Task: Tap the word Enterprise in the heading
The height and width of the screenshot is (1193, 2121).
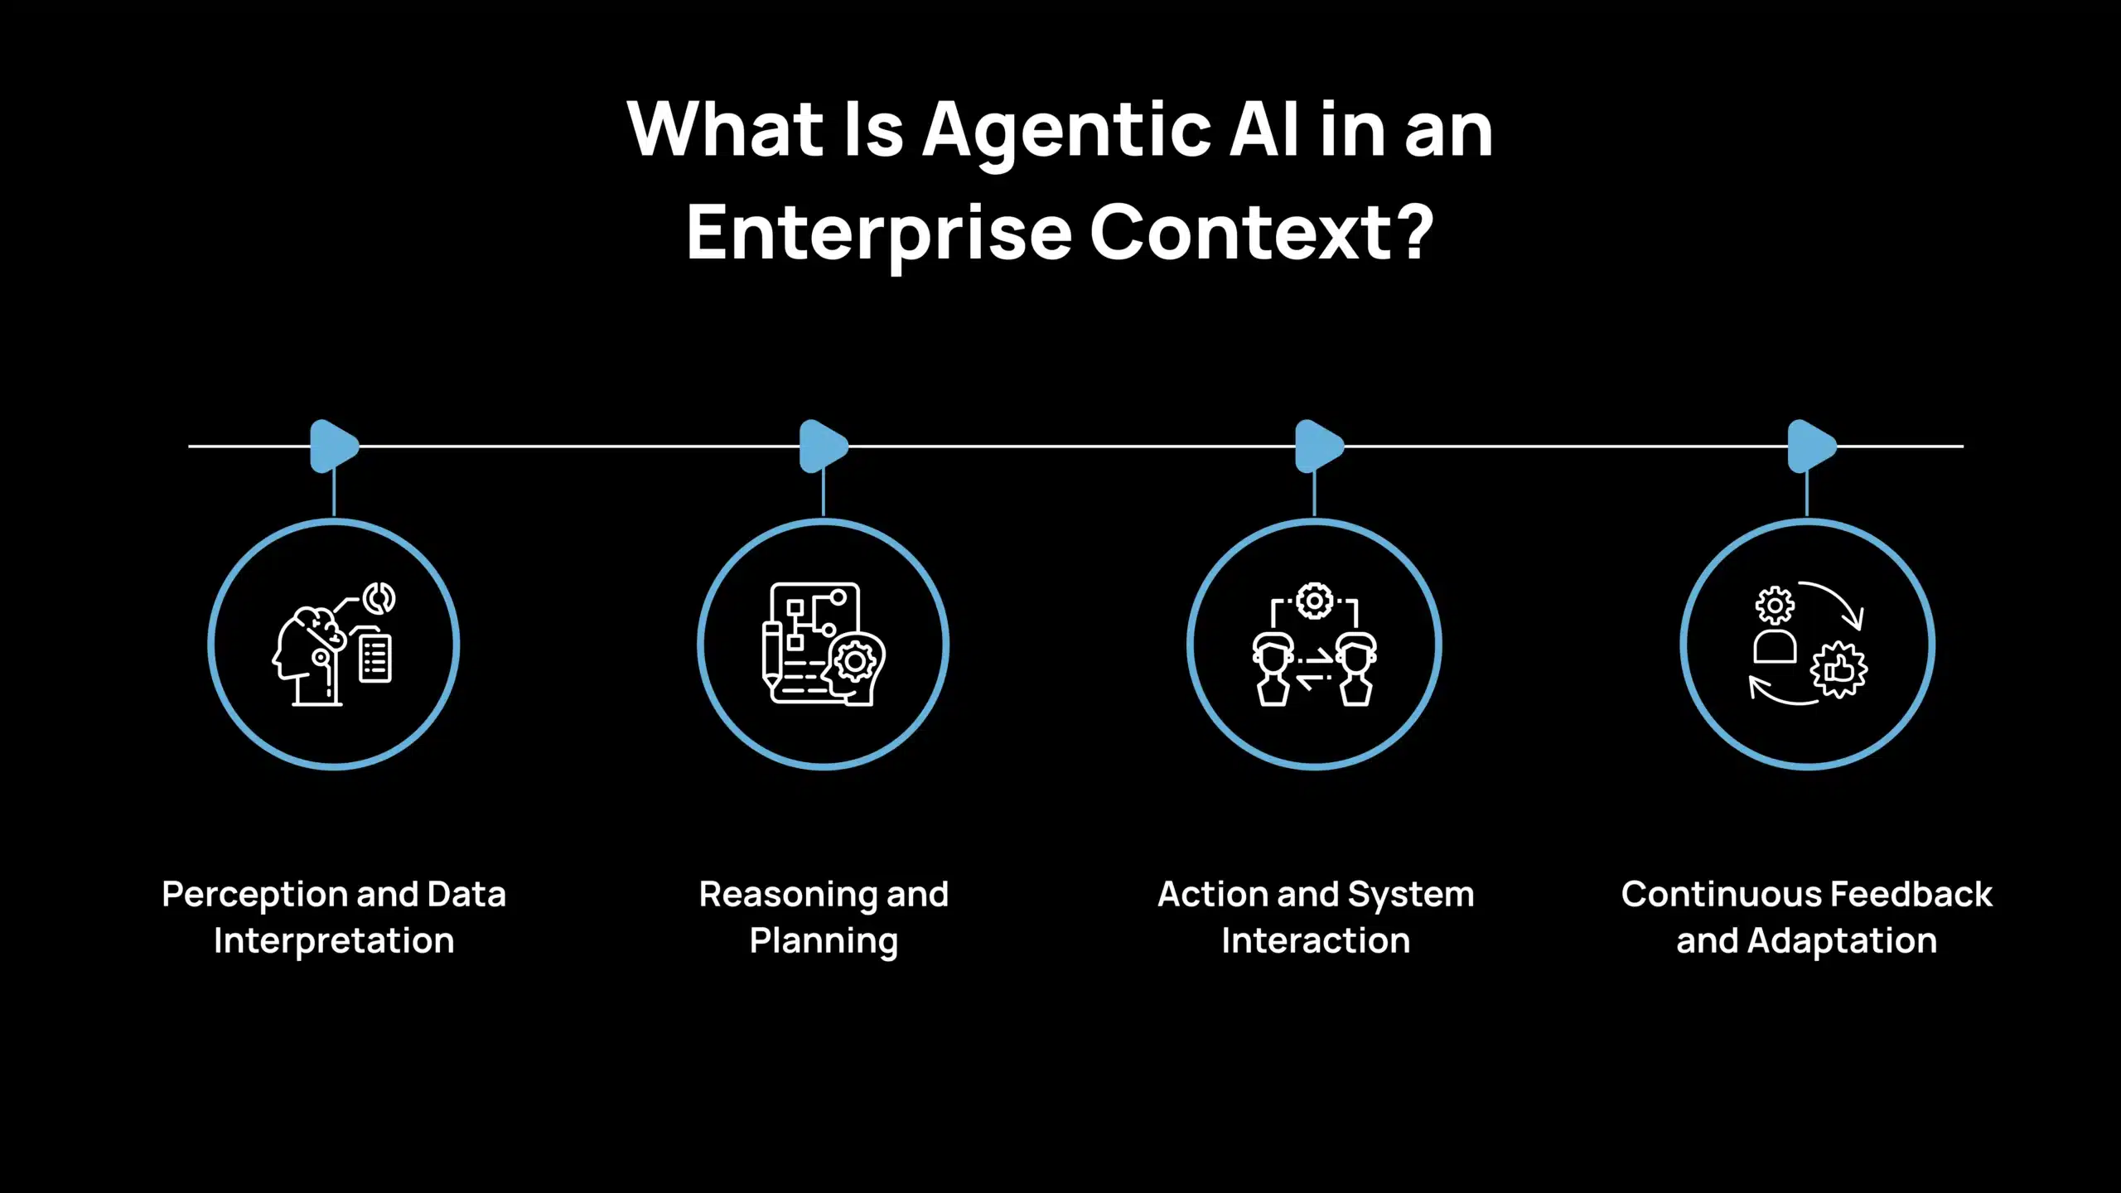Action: click(878, 234)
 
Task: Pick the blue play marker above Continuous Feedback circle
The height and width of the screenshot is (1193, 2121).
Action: click(1811, 447)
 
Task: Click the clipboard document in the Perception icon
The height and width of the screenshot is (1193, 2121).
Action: click(374, 659)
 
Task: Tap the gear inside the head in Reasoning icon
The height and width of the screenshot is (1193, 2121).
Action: click(855, 662)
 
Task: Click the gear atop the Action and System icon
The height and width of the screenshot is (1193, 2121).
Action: click(1314, 601)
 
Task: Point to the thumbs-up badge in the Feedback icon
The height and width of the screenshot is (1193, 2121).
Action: click(1839, 669)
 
